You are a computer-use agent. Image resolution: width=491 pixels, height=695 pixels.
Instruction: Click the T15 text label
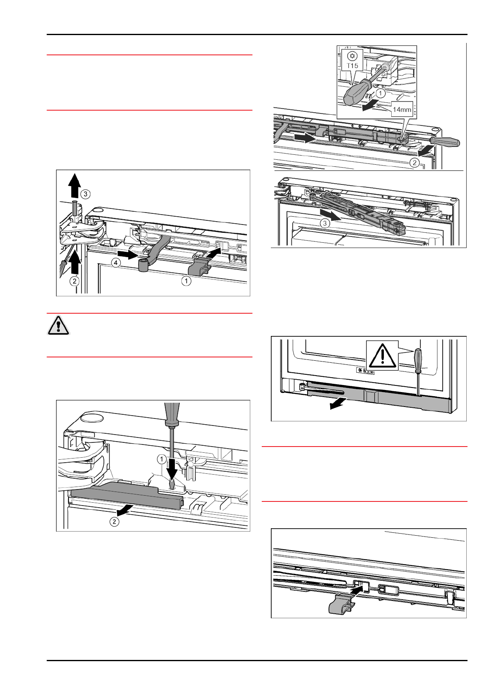tap(352, 66)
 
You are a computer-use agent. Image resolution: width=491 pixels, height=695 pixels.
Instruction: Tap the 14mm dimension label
tap(402, 110)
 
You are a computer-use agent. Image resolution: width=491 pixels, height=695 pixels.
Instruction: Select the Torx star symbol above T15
tap(352, 56)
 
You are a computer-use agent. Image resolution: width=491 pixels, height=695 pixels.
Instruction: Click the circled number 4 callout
tap(117, 263)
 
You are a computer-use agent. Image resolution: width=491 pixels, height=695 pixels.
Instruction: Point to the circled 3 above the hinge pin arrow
tap(85, 194)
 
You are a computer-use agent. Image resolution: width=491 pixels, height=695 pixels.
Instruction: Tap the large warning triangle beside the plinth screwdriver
tap(382, 355)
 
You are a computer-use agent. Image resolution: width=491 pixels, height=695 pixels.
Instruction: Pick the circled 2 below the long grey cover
tap(114, 522)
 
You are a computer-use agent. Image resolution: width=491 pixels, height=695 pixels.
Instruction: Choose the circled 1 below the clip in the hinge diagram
tap(187, 281)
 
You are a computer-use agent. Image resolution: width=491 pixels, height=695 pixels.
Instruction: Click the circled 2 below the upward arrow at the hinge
tap(74, 281)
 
